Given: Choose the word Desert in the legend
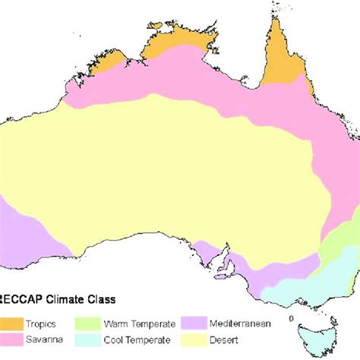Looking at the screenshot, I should [x=272, y=338].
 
